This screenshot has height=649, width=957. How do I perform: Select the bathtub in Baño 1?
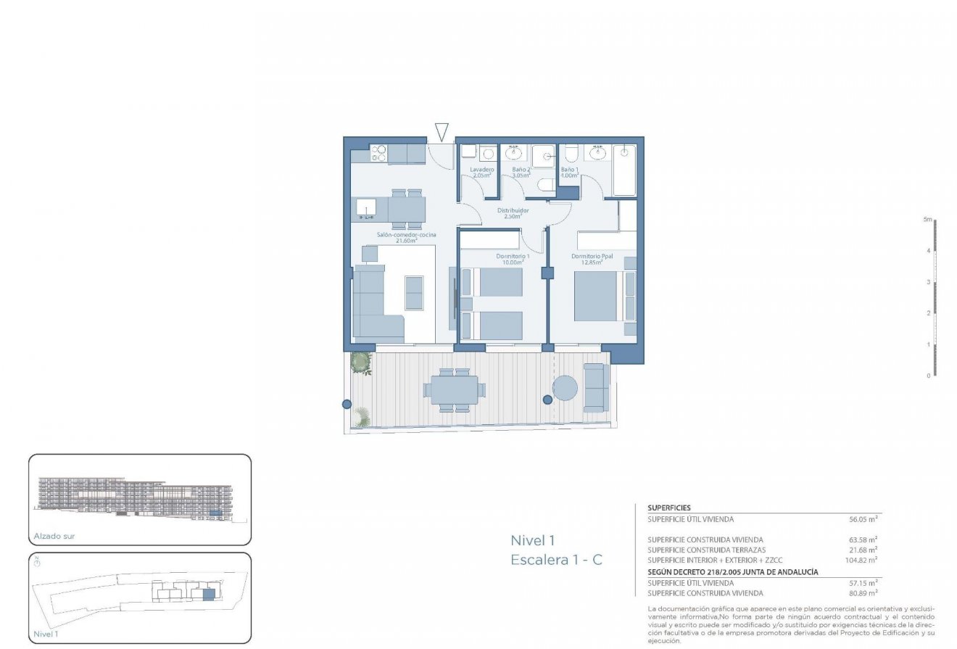coord(623,170)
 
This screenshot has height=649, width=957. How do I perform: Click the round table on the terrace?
coord(565,388)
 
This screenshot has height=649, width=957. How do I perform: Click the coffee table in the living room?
coord(414,293)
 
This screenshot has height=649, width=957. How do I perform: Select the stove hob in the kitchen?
coord(379,153)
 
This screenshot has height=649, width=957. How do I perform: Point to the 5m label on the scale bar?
coord(927,219)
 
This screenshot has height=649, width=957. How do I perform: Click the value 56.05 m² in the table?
coord(863,519)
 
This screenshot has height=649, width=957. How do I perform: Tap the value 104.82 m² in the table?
coord(861,560)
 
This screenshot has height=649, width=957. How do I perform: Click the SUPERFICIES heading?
coord(668,508)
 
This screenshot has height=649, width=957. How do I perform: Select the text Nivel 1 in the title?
coord(532,540)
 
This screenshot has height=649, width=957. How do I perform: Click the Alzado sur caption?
coord(54,537)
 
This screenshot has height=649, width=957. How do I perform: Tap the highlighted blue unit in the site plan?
coord(209,595)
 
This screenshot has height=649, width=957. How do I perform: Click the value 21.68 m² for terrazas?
coord(863,550)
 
